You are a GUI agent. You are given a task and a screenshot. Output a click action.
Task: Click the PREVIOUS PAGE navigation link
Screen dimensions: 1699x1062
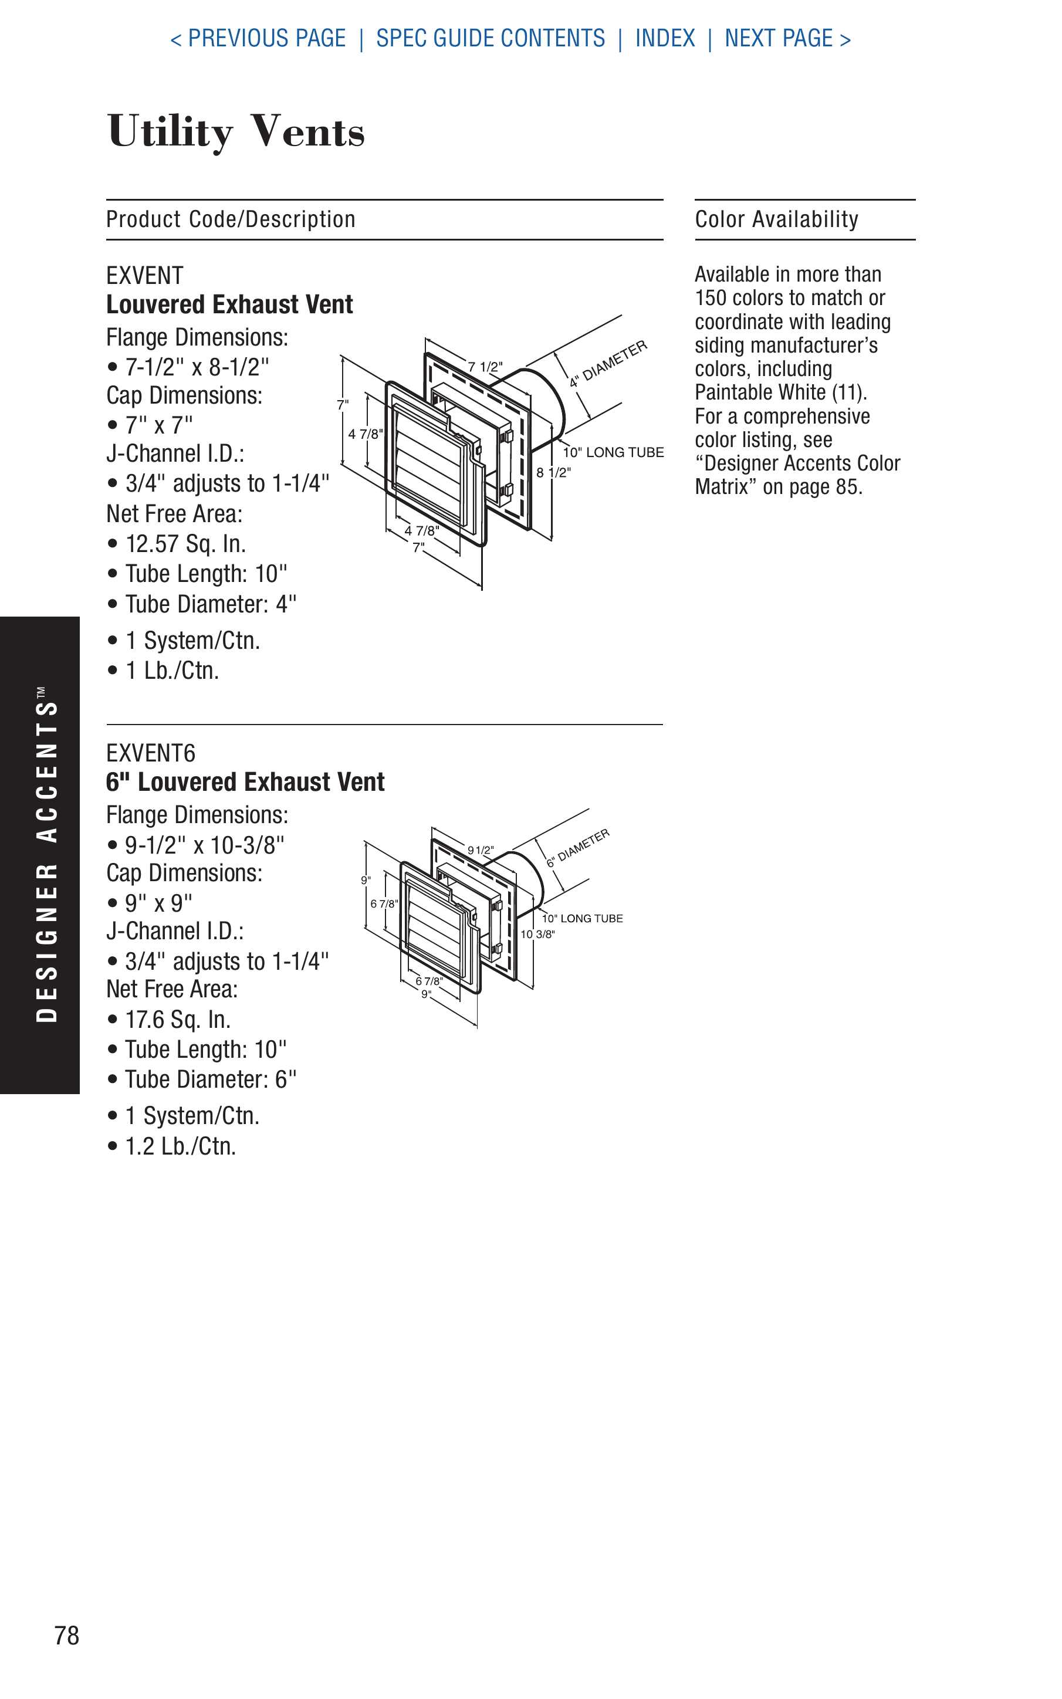(x=259, y=38)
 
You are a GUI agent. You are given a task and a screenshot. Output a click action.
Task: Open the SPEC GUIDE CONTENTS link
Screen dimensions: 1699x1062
(x=491, y=38)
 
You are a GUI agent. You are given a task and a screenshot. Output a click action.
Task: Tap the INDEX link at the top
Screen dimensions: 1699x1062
(x=664, y=38)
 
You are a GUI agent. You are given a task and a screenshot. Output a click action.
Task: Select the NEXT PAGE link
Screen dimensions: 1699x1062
(x=787, y=38)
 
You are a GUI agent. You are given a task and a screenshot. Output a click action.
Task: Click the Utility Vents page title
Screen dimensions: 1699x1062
(x=236, y=131)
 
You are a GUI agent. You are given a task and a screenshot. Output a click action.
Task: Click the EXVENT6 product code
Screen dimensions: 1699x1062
(x=151, y=753)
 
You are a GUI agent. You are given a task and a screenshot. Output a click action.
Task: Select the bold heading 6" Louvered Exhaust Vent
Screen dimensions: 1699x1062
(x=245, y=782)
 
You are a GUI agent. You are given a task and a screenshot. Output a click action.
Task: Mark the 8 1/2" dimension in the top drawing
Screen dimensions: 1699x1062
(x=553, y=472)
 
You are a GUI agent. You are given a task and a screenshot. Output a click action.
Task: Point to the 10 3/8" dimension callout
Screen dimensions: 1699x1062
(x=537, y=934)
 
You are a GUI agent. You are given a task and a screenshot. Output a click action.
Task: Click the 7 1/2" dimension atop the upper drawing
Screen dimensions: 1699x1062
(x=485, y=367)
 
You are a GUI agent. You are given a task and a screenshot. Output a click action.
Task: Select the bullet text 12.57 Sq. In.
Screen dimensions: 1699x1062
(x=185, y=544)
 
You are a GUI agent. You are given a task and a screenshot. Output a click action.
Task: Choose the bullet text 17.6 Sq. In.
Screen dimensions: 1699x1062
(x=177, y=1020)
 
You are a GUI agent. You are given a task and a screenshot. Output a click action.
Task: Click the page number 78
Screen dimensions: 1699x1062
(x=67, y=1635)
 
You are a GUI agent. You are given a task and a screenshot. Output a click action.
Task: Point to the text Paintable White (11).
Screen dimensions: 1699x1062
(x=780, y=392)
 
